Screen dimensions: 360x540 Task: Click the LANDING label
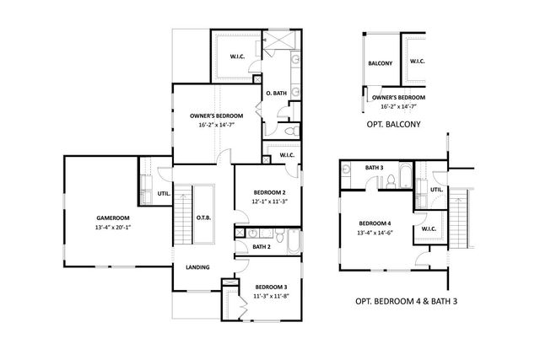click(x=198, y=268)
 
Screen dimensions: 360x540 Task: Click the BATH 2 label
click(x=262, y=247)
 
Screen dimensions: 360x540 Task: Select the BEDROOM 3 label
click(x=271, y=287)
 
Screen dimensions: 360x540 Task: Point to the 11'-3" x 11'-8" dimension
click(x=271, y=297)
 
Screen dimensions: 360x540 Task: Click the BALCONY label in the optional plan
click(x=380, y=63)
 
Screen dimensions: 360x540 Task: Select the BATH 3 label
click(x=374, y=168)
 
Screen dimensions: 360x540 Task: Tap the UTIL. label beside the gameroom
click(x=164, y=195)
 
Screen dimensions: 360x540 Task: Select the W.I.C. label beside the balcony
click(x=418, y=62)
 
